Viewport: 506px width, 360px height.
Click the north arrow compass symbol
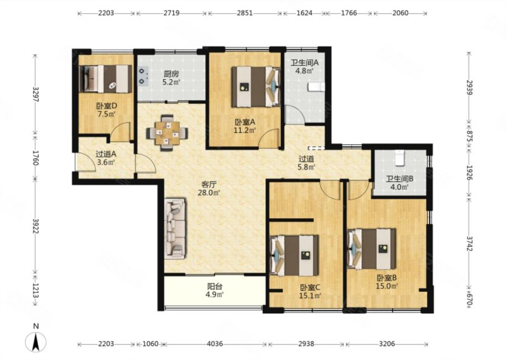pos(36,342)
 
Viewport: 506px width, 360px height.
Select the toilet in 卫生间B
pos(400,158)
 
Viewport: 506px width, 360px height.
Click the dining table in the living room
pos(167,132)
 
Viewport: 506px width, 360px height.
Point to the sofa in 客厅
pos(175,228)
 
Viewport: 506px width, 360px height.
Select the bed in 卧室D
pos(106,79)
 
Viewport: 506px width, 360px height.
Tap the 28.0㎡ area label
pos(209,193)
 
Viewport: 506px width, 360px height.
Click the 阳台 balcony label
pos(214,286)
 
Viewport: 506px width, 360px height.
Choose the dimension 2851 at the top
pos(244,13)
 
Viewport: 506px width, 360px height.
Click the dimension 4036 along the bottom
pos(214,344)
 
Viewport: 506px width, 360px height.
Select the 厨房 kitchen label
pos(171,74)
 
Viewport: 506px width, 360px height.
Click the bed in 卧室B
pos(372,249)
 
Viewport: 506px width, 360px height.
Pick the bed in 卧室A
pos(256,87)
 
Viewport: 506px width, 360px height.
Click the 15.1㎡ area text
pos(311,295)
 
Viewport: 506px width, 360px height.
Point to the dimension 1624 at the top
pos(304,13)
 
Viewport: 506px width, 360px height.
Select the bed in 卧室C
pos(294,255)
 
